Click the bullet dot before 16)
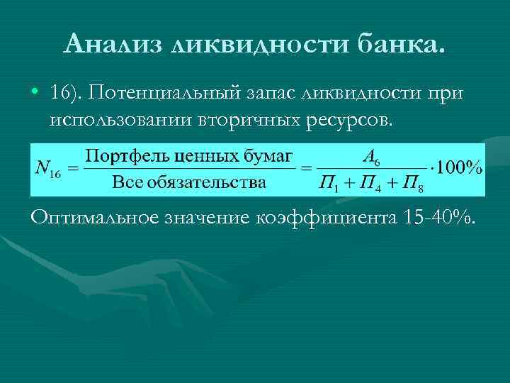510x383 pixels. [x=34, y=93]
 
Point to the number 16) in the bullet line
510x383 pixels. [x=67, y=93]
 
